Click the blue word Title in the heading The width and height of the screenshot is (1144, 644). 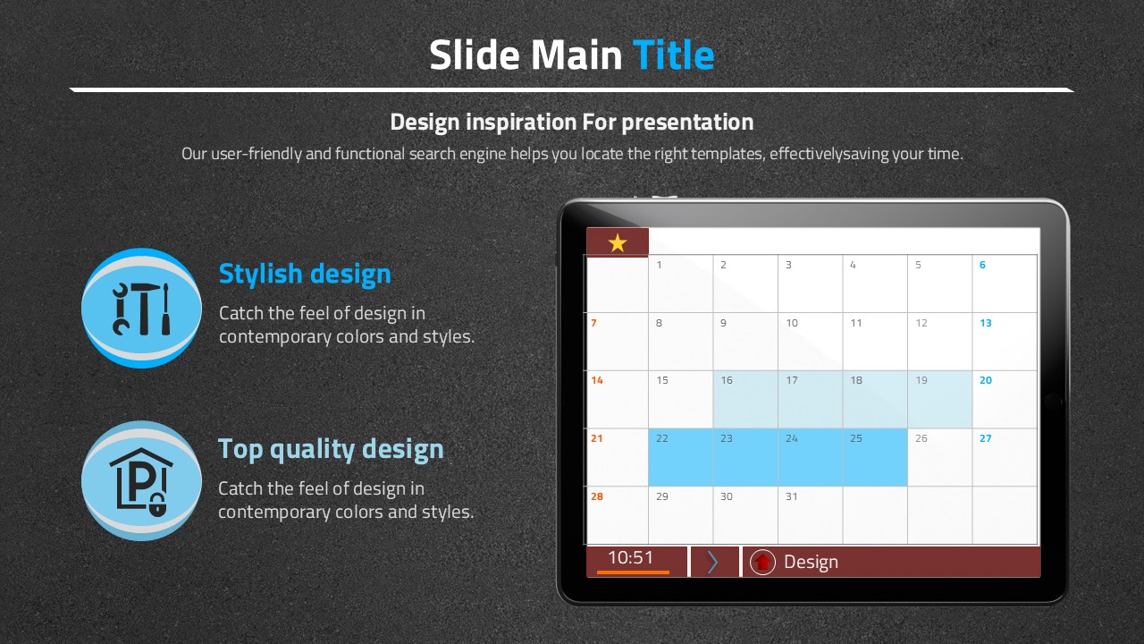[x=673, y=55]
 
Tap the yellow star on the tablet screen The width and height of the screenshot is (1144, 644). [x=618, y=242]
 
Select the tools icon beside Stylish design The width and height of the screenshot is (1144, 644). [x=141, y=309]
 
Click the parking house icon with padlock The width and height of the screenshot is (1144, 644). [x=141, y=481]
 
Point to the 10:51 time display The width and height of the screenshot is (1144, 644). [x=631, y=557]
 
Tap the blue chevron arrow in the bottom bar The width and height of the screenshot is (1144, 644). [x=712, y=563]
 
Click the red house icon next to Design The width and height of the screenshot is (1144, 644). [x=762, y=563]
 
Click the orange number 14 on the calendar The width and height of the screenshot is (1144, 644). [x=596, y=380]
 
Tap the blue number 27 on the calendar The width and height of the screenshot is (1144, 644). [x=985, y=438]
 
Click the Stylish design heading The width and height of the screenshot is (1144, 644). [x=305, y=274]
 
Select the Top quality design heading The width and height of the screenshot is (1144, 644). [x=331, y=450]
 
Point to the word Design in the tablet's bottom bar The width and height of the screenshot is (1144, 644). [x=811, y=563]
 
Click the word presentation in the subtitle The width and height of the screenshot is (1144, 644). [x=687, y=123]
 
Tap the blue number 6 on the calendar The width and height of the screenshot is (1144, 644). [x=982, y=265]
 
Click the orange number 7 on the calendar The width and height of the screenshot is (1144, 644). [x=593, y=323]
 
